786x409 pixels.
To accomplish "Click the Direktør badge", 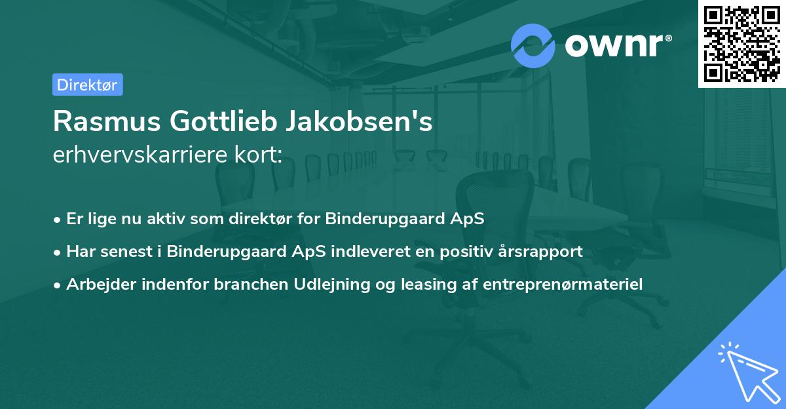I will [x=87, y=85].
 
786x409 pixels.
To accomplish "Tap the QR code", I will [x=741, y=43].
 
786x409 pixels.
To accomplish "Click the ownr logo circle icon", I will [x=533, y=46].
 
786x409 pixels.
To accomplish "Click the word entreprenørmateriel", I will [x=563, y=284].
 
